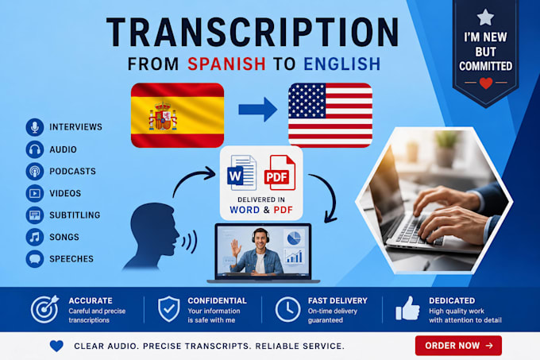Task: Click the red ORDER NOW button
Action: [x=458, y=346]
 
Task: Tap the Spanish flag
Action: [x=177, y=115]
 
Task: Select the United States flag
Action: [x=330, y=115]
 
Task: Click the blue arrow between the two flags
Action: [x=257, y=110]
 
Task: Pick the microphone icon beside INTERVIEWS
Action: [x=34, y=127]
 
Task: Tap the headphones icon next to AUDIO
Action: [x=34, y=149]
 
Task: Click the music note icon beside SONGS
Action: [x=34, y=237]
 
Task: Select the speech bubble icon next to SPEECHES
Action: [x=34, y=259]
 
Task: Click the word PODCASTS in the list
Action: [x=73, y=171]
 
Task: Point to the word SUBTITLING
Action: [x=75, y=215]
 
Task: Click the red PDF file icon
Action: [x=280, y=173]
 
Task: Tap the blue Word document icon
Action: [x=241, y=173]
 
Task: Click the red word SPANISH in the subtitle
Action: [x=226, y=64]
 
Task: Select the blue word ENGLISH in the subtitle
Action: [x=342, y=64]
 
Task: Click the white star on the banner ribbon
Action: [x=485, y=17]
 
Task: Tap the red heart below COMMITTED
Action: [x=486, y=83]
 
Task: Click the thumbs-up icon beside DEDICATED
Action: [x=407, y=308]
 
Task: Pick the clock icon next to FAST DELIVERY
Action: [x=287, y=309]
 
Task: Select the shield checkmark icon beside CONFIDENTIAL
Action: [x=168, y=309]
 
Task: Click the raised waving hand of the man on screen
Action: [x=236, y=248]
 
